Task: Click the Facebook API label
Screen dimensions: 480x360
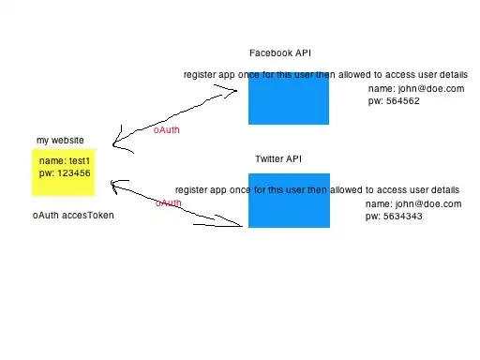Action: pyautogui.click(x=280, y=53)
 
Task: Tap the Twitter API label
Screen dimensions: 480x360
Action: pyautogui.click(x=278, y=158)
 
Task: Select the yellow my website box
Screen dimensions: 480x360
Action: pyautogui.click(x=64, y=172)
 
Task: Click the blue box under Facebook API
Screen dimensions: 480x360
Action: pyautogui.click(x=289, y=98)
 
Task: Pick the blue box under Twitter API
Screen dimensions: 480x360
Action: pyautogui.click(x=289, y=201)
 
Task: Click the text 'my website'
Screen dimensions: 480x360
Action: pyautogui.click(x=60, y=141)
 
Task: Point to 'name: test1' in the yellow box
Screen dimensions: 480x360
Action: pyautogui.click(x=65, y=161)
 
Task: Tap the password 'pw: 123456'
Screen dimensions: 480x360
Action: pyautogui.click(x=65, y=173)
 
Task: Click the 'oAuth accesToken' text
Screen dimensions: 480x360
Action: pyautogui.click(x=73, y=216)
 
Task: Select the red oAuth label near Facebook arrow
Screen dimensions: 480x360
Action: pyautogui.click(x=167, y=130)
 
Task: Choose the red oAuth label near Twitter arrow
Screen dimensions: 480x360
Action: pyautogui.click(x=169, y=203)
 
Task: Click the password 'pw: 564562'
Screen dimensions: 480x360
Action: pyautogui.click(x=394, y=101)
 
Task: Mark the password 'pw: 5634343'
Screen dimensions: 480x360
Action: pyautogui.click(x=394, y=217)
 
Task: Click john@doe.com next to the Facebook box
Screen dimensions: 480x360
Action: pyautogui.click(x=431, y=89)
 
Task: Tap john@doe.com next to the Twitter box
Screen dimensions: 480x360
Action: pyautogui.click(x=428, y=204)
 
